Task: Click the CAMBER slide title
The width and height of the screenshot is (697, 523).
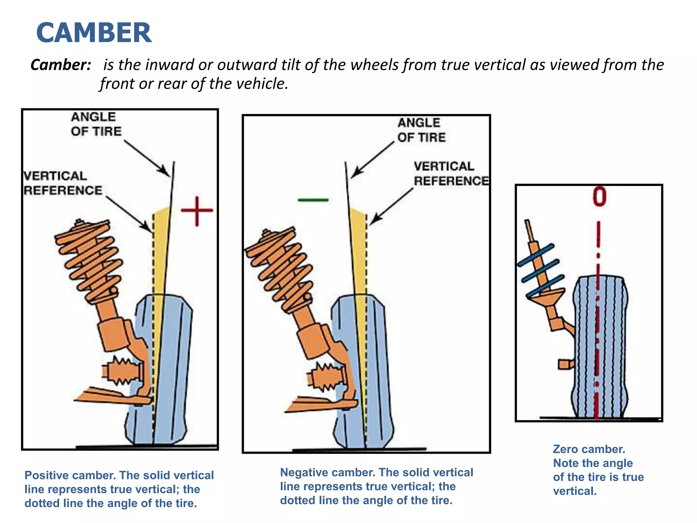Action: click(x=94, y=33)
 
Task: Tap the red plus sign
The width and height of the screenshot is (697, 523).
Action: click(x=197, y=211)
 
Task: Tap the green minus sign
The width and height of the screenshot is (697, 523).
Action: click(x=313, y=200)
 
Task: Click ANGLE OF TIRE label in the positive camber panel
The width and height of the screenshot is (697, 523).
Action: click(x=96, y=124)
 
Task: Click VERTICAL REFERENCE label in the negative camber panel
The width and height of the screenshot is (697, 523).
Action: click(x=450, y=174)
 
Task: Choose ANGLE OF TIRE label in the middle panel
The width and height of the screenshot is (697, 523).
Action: click(x=421, y=130)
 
